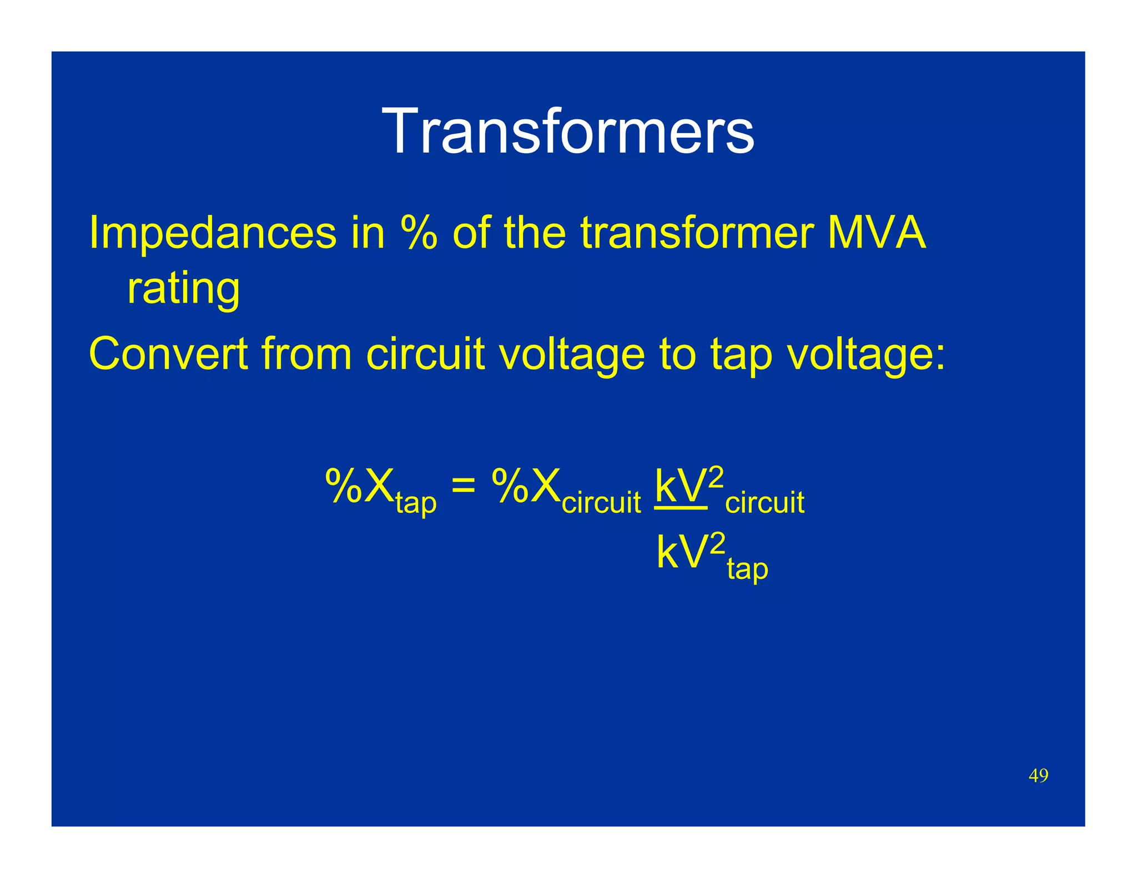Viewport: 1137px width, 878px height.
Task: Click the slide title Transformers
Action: click(x=568, y=131)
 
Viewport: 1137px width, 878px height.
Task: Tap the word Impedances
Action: click(x=213, y=233)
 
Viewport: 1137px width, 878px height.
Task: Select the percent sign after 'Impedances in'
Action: click(x=419, y=233)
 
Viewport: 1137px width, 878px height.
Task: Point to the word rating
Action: click(x=183, y=289)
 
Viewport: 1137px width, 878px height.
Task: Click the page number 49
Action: click(x=1038, y=775)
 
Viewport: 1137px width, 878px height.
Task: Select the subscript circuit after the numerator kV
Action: click(x=764, y=503)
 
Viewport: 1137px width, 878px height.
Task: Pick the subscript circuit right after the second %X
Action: click(x=601, y=503)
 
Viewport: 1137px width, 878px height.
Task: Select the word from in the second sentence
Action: click(x=306, y=354)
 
